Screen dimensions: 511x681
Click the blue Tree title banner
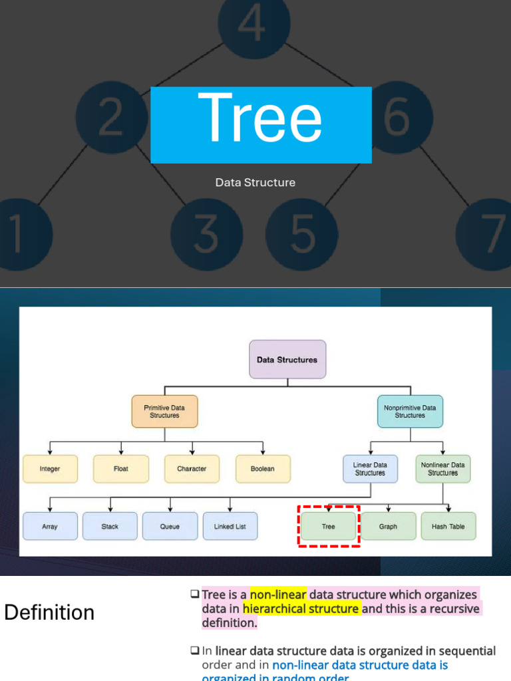click(x=261, y=124)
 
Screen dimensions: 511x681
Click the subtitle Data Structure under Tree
click(x=255, y=182)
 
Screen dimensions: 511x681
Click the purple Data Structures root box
click(x=287, y=359)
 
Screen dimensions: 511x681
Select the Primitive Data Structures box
click(x=164, y=411)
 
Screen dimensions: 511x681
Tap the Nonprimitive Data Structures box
click(x=410, y=411)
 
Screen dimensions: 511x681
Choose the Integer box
click(x=50, y=469)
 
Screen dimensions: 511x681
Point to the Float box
click(x=121, y=469)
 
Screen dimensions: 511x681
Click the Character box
click(x=192, y=469)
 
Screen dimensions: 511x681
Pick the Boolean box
click(x=263, y=469)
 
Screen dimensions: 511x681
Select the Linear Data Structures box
click(x=370, y=469)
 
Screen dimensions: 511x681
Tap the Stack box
click(x=110, y=526)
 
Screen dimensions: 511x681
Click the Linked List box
click(x=230, y=526)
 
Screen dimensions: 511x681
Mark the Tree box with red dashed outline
click(x=329, y=526)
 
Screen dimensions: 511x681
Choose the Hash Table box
click(x=448, y=526)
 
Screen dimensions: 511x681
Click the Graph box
click(x=389, y=526)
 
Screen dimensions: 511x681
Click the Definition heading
click(x=49, y=613)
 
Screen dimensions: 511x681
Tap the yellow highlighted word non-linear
click(x=278, y=595)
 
